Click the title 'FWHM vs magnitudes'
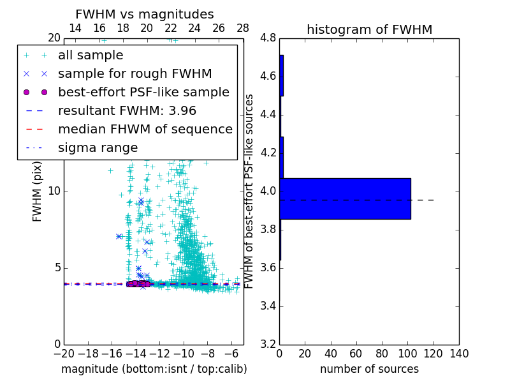[145, 15]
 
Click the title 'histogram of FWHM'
[369, 29]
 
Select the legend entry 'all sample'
[91, 56]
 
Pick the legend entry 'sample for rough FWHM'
[135, 74]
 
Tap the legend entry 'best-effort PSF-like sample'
[143, 93]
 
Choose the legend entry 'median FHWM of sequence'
[145, 130]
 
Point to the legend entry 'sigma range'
[98, 148]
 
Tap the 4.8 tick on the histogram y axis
[268, 38]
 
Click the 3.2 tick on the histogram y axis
[268, 344]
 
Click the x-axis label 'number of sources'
[369, 369]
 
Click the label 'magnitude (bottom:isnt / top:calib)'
[154, 369]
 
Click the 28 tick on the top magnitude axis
[243, 28]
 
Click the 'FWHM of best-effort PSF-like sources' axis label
[250, 191]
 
